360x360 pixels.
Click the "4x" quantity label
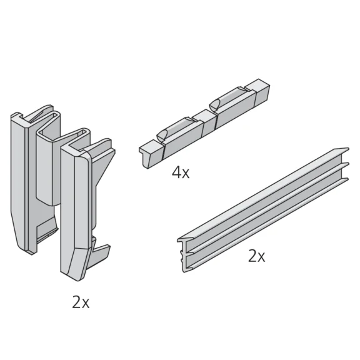tap(181, 172)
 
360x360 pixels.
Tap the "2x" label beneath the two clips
tap(81, 302)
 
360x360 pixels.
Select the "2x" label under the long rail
tap(257, 256)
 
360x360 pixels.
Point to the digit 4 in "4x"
tap(176, 172)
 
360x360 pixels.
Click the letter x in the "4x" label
tap(186, 175)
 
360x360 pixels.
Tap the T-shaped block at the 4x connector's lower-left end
tap(151, 154)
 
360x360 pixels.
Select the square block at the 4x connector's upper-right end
tap(257, 92)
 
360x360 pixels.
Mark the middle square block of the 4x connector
tap(204, 121)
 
